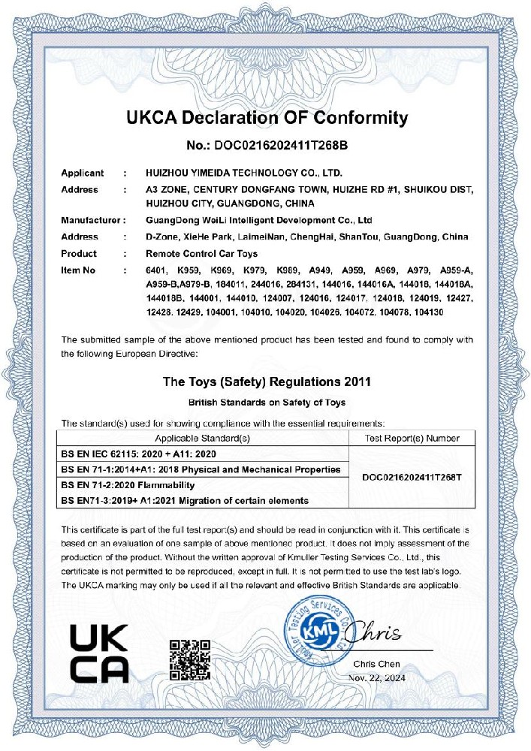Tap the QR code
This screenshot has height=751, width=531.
point(189,658)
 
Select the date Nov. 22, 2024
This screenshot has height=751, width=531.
point(376,677)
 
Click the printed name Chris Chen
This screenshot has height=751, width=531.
point(376,664)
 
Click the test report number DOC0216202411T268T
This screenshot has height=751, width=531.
point(412,477)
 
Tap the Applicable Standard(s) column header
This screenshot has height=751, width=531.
point(202,438)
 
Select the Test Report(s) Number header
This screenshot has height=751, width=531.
point(412,438)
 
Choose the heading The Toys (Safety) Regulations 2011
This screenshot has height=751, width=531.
point(267,382)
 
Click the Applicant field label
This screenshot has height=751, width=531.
point(82,173)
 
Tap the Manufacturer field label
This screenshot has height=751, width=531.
point(89,221)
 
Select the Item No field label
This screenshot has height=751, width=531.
point(79,269)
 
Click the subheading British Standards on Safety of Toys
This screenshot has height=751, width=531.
point(267,403)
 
